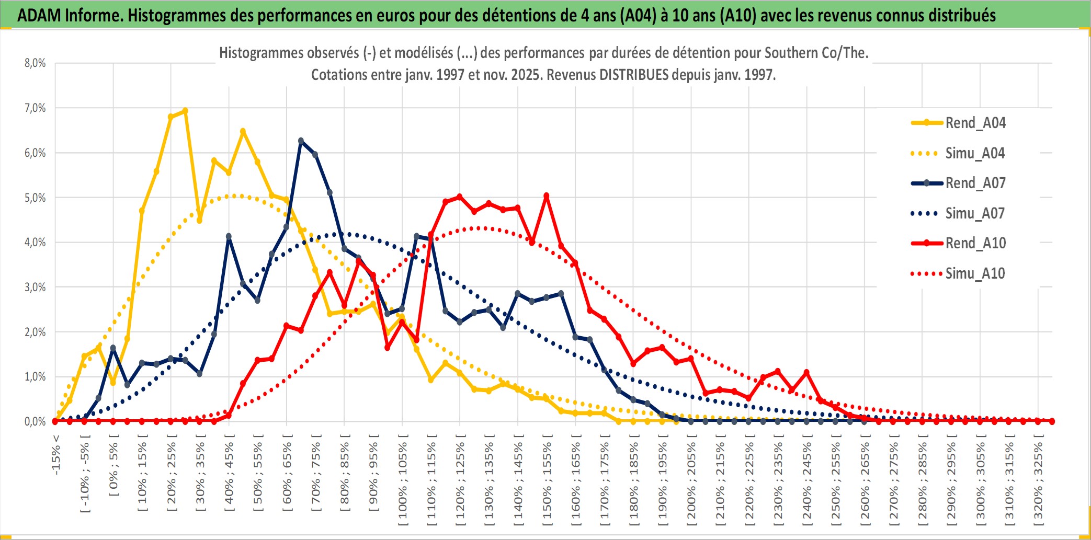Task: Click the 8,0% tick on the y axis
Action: (35, 63)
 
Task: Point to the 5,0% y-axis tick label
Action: (35, 198)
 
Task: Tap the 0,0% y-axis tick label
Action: (35, 421)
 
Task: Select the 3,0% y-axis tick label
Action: (35, 287)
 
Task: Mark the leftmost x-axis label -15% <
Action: (56, 455)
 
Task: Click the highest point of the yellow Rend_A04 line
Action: (185, 111)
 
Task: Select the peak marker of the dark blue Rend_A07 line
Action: (301, 141)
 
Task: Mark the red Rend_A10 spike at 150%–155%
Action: (547, 196)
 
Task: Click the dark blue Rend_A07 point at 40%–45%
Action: (229, 236)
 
